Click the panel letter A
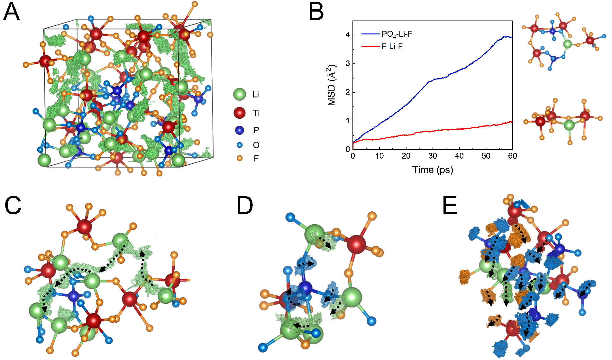12,12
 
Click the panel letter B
316,12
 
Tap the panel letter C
13,206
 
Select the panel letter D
245,206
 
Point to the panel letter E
450,206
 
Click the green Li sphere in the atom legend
240,95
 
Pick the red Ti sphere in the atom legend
240,113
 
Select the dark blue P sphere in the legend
240,130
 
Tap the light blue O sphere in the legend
240,145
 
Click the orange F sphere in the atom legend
240,158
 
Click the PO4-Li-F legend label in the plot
397,34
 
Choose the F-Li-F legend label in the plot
392,47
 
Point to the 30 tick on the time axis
433,156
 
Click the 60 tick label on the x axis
512,156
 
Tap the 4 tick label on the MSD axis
348,35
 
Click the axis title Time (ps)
433,170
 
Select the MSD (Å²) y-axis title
332,85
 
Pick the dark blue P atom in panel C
74,296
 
